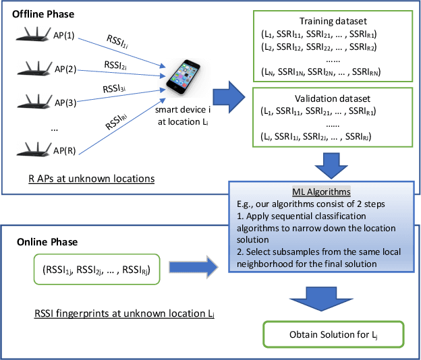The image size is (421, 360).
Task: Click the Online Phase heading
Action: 48,242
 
